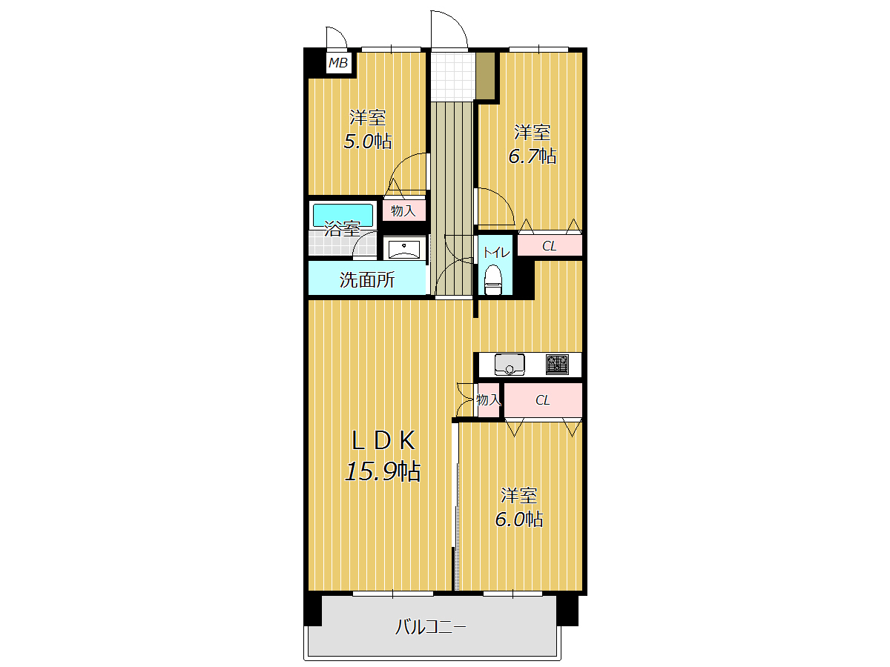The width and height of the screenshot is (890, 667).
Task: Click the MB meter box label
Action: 337,63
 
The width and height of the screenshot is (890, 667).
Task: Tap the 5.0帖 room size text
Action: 367,142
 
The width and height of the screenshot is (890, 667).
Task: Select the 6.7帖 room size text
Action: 532,156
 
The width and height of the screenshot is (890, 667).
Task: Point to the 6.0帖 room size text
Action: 518,520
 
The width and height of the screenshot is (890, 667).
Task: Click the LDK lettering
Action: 383,441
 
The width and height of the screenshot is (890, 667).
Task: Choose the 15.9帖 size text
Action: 383,472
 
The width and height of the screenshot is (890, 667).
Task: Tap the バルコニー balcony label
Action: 431,627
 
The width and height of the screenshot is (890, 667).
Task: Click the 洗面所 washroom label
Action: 367,280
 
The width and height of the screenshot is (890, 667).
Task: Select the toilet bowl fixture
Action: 493,280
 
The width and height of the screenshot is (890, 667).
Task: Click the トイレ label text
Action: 496,253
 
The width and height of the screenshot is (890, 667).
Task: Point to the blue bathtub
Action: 343,215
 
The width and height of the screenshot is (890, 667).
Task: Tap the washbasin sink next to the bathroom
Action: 404,249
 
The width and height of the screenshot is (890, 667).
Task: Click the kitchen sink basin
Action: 510,364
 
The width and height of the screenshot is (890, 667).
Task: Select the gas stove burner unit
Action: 557,364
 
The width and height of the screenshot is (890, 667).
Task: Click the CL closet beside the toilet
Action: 550,245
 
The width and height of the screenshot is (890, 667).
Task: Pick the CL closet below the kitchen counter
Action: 543,400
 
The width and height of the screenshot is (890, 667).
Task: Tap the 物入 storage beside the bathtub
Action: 403,210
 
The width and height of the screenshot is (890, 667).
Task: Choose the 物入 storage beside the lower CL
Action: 488,400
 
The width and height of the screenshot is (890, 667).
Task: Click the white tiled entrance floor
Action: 452,76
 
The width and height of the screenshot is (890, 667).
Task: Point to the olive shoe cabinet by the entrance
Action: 485,76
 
